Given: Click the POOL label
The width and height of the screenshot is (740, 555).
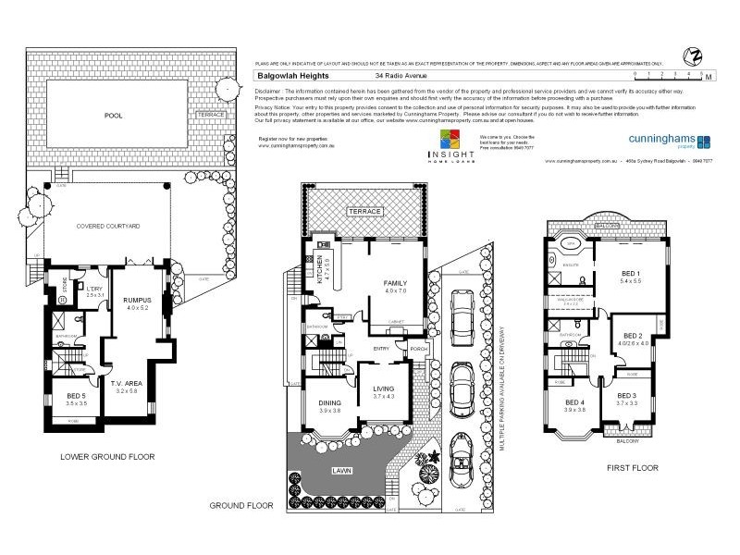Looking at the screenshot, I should pyautogui.click(x=114, y=117).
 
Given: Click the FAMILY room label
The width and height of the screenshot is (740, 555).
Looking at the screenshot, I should pyautogui.click(x=395, y=285).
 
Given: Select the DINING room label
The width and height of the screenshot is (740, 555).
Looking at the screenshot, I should pyautogui.click(x=330, y=403).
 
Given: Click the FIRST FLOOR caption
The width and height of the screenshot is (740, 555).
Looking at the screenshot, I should pyautogui.click(x=633, y=468).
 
